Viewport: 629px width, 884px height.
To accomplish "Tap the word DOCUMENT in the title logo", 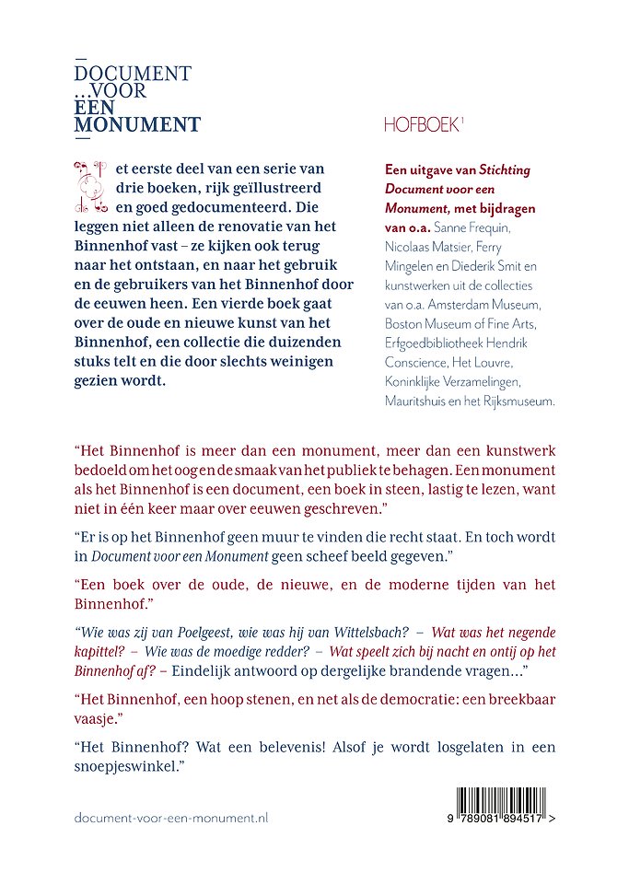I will pos(133,74).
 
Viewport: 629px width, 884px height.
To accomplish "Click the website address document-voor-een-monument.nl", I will pos(170,818).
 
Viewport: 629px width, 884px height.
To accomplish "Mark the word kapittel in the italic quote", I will pos(99,651).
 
